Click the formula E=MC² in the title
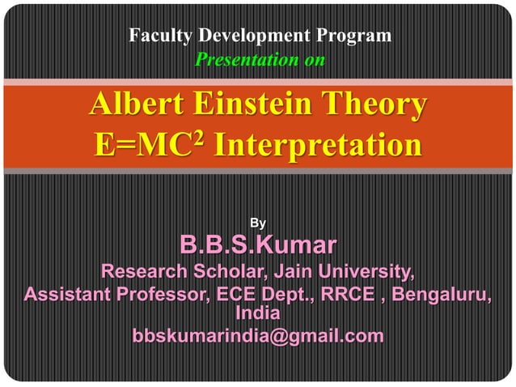pos(147,147)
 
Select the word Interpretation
pos(318,147)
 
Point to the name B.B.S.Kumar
pos(258,245)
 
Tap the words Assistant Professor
pos(115,293)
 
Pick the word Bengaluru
pos(443,293)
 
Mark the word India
pos(257,312)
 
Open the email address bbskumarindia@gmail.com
pos(258,335)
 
